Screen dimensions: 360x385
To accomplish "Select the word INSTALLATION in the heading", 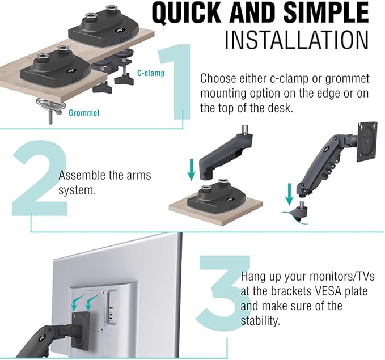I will pyautogui.click(x=296, y=40).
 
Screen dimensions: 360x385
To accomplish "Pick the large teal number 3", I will pyautogui.click(x=218, y=295).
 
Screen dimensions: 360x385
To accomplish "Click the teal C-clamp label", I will pyautogui.click(x=151, y=73).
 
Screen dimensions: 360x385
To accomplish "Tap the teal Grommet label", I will pyautogui.click(x=84, y=113).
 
